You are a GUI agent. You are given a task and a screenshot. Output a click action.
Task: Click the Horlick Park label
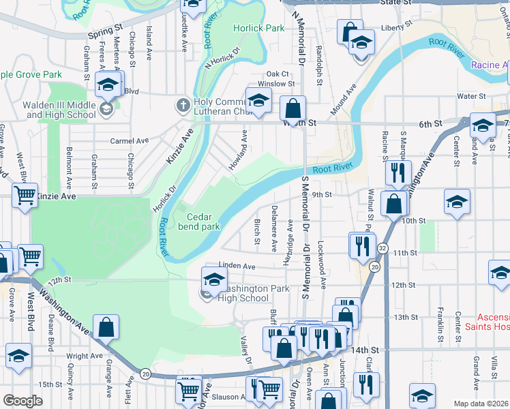(x=258, y=29)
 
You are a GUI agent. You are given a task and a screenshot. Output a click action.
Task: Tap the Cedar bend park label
(x=199, y=222)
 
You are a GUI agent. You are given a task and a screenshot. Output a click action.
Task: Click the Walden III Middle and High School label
(x=59, y=110)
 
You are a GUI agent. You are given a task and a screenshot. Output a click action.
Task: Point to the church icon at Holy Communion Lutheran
(x=182, y=105)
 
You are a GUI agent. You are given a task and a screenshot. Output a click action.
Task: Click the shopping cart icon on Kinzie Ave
(x=25, y=196)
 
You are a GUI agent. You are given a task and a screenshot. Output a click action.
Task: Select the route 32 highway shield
(x=383, y=249)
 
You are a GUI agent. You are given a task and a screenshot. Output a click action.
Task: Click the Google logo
(x=22, y=401)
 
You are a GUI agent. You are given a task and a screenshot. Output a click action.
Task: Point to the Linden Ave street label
(x=237, y=266)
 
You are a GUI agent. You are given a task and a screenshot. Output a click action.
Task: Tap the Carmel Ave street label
(x=130, y=140)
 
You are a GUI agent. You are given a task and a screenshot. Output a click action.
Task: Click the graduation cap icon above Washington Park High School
(x=214, y=278)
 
